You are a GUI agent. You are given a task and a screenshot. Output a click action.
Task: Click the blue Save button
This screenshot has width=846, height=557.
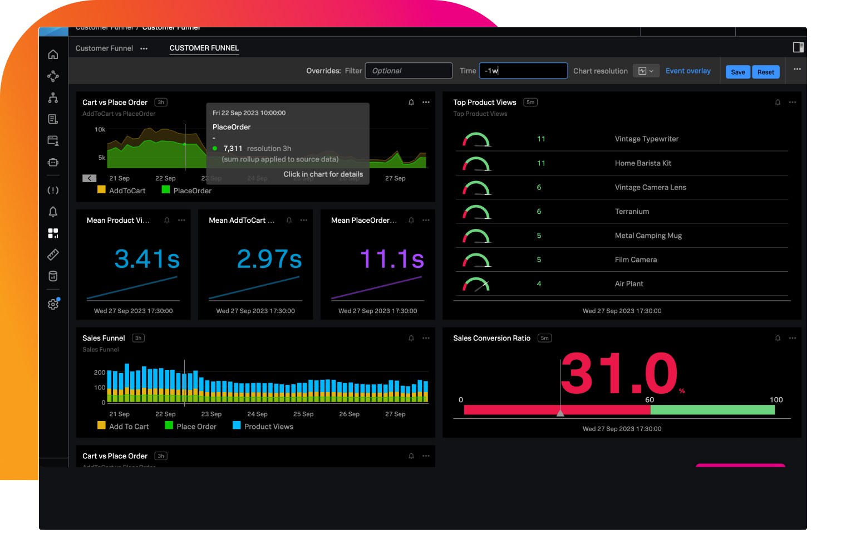(x=737, y=72)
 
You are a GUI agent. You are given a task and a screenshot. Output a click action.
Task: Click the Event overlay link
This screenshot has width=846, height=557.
(x=688, y=71)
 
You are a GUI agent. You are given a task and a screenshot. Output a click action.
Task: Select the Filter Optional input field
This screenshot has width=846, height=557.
(x=409, y=71)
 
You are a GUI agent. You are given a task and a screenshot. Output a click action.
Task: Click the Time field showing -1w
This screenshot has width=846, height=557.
(x=523, y=71)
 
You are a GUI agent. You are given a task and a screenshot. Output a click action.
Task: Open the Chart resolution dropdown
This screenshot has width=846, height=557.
(x=646, y=71)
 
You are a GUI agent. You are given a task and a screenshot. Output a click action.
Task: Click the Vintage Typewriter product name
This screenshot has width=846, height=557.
(x=646, y=139)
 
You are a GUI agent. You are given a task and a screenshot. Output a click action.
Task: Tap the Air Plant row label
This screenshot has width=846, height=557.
(x=629, y=284)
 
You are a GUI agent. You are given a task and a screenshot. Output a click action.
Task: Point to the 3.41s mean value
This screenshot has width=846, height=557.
(x=147, y=259)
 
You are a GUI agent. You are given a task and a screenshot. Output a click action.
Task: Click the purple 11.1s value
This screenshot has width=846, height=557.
(x=392, y=259)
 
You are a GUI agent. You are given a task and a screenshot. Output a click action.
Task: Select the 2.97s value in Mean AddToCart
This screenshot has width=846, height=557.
(x=269, y=259)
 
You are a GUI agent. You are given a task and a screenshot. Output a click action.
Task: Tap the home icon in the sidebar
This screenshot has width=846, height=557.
(x=53, y=55)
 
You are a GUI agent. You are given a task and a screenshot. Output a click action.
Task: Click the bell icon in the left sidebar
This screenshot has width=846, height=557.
(x=53, y=212)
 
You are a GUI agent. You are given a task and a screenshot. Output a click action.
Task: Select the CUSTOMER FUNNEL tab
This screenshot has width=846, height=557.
(x=204, y=48)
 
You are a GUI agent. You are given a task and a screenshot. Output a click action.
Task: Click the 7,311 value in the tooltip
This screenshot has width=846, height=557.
(x=233, y=148)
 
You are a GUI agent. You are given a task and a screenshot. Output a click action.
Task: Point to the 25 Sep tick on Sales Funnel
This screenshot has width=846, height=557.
(x=303, y=414)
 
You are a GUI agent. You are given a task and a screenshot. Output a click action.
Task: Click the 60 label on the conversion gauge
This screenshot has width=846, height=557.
(x=650, y=400)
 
